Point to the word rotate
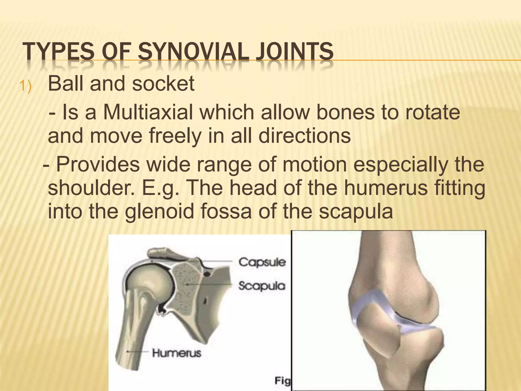point(432,112)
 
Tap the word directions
point(305,136)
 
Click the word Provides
point(98,164)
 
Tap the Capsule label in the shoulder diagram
point(262,262)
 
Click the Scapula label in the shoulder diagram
point(262,286)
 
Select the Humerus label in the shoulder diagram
point(177,353)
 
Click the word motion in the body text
point(315,164)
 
